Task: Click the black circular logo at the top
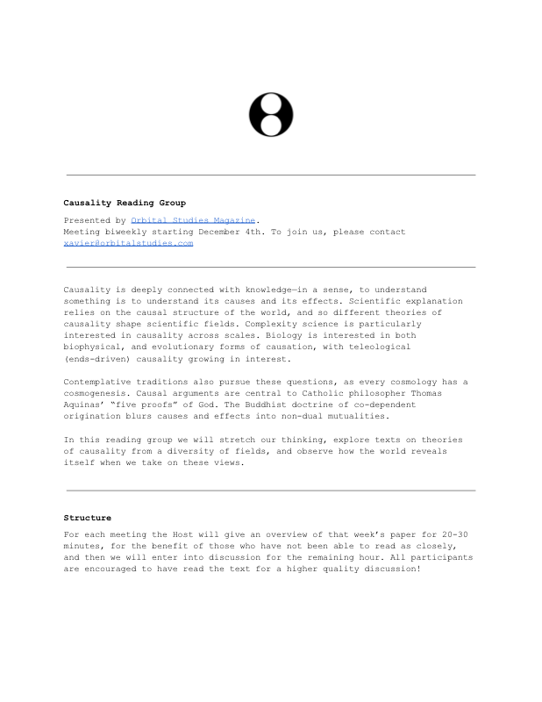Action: click(x=271, y=114)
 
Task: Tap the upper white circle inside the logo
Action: click(x=271, y=104)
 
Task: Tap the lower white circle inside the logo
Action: click(x=271, y=125)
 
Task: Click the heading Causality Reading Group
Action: click(x=125, y=203)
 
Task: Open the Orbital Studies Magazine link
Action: click(x=193, y=220)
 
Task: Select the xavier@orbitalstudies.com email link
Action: click(x=128, y=243)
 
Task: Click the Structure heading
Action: click(x=88, y=518)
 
